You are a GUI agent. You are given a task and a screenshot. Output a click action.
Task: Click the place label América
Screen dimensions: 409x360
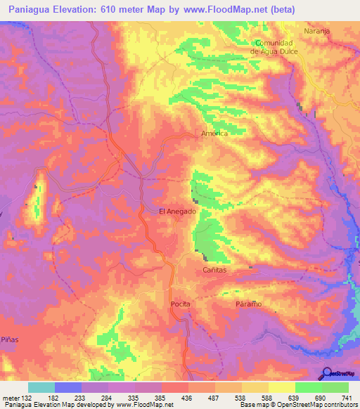click(215, 134)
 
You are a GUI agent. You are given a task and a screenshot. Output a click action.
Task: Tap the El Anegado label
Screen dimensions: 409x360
click(176, 211)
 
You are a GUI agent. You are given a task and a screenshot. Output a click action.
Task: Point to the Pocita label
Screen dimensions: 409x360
click(181, 304)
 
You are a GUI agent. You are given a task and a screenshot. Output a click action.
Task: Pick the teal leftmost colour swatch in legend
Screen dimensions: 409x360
click(41, 387)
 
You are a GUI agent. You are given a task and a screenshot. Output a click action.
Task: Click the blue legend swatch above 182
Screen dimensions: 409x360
click(68, 387)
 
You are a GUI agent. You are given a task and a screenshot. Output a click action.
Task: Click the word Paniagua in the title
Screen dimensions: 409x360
click(28, 9)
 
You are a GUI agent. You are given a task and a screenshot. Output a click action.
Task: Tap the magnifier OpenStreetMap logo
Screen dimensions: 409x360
click(326, 372)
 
